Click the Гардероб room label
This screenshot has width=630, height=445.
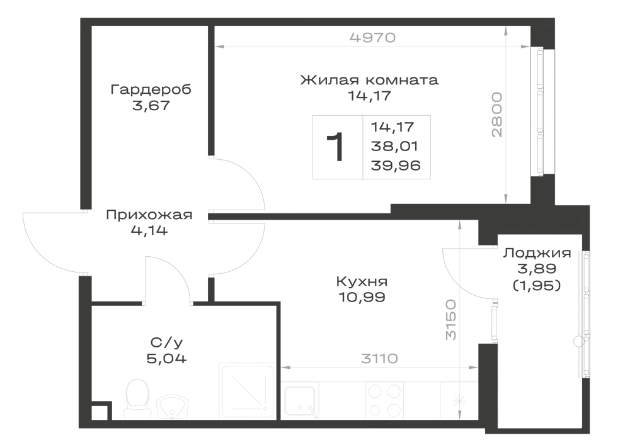[x=151, y=89]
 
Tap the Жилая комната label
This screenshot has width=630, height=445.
[x=369, y=80]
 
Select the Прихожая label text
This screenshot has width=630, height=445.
[x=149, y=215]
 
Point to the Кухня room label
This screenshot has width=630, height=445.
[x=362, y=281]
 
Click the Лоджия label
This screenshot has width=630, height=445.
[x=537, y=253]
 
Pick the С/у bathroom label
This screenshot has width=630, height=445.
[x=166, y=342]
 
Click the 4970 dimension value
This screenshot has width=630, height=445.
[x=372, y=37]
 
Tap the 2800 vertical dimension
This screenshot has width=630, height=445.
[x=496, y=115]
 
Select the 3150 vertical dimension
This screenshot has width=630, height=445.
[x=451, y=319]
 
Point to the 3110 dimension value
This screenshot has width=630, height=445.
[x=379, y=358]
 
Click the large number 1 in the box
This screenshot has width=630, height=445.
[x=336, y=147]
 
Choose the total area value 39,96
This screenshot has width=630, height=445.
[x=396, y=166]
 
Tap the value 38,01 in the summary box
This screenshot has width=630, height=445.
[x=394, y=146]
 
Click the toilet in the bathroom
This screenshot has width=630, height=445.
[x=137, y=398]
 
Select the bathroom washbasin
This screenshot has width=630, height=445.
[x=172, y=407]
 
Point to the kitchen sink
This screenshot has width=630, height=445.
[x=300, y=401]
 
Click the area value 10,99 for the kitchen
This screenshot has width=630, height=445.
[x=362, y=297]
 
